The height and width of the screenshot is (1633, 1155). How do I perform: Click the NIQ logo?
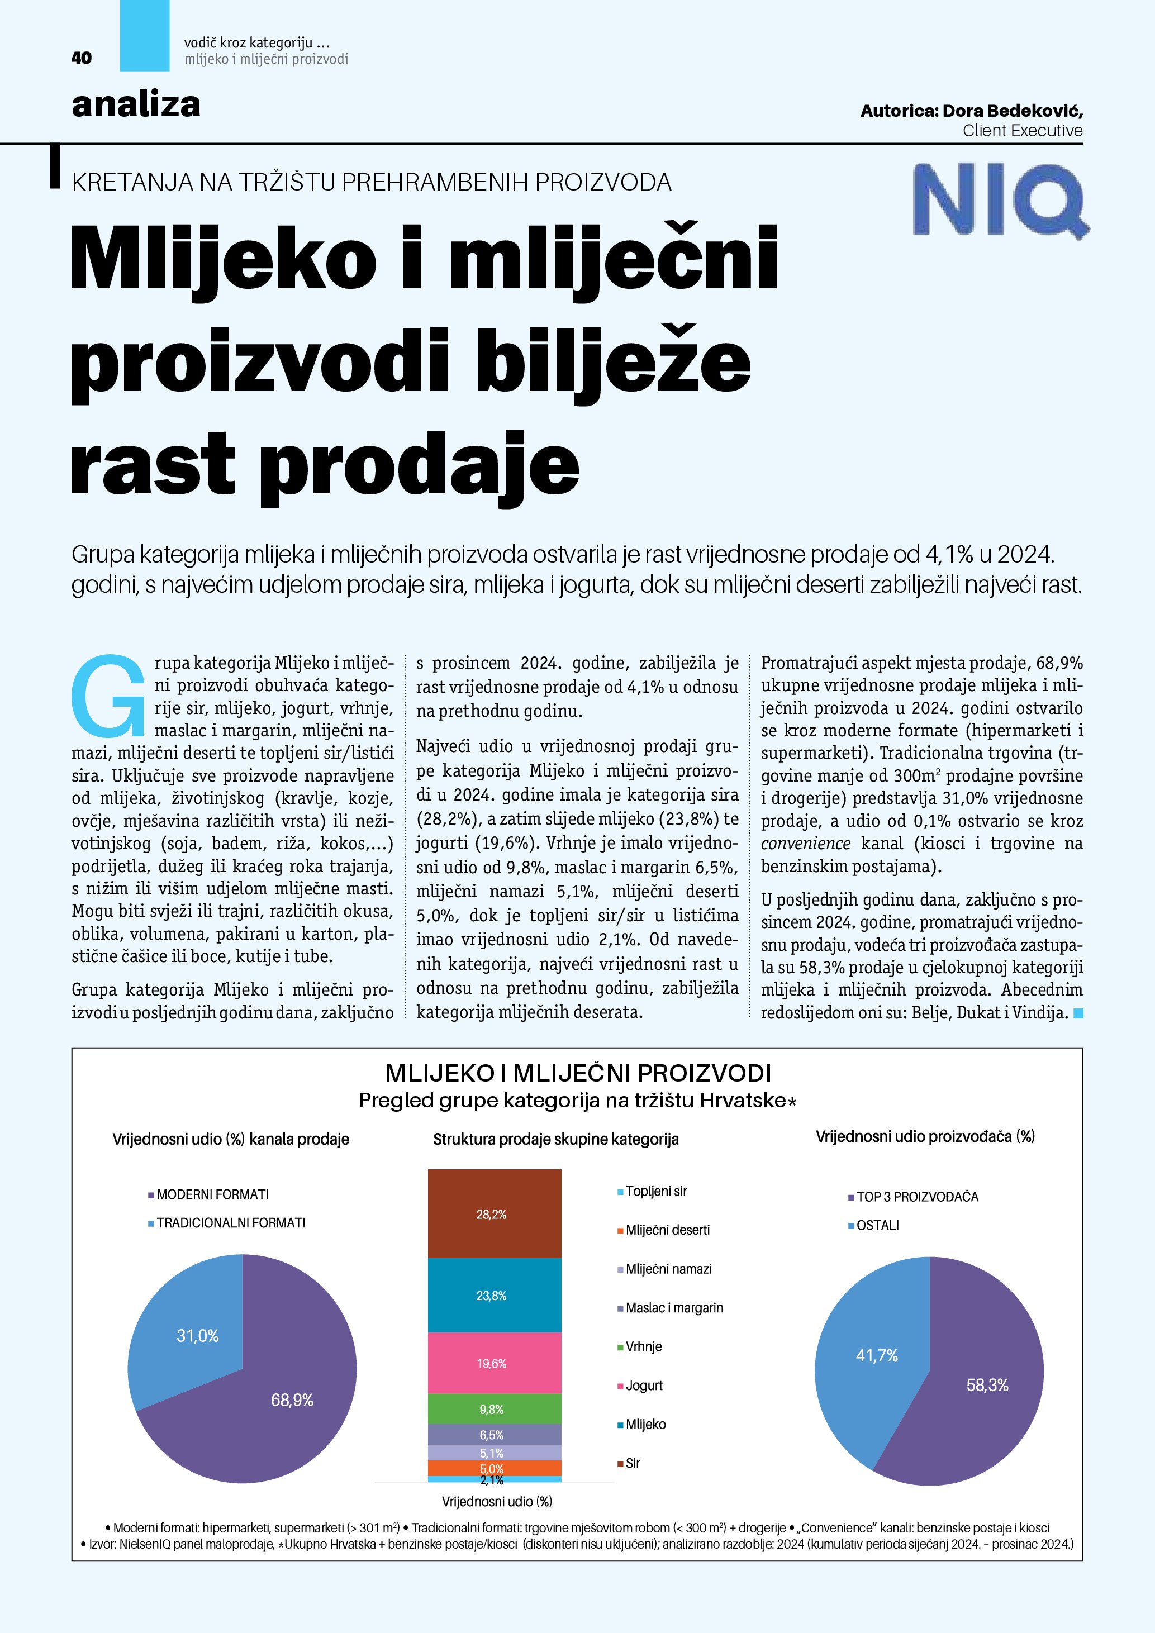(999, 198)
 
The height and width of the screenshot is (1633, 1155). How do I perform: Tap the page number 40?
(82, 58)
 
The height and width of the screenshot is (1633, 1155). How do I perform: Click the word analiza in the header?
(136, 104)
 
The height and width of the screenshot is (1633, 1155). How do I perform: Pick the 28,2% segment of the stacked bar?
(495, 1214)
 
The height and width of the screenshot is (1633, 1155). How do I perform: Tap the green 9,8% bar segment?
(495, 1409)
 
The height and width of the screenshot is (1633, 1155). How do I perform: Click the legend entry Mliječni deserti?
(667, 1230)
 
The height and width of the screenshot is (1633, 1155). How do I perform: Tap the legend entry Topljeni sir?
(656, 1191)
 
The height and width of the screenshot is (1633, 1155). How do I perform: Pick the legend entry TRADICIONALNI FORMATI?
(230, 1222)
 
